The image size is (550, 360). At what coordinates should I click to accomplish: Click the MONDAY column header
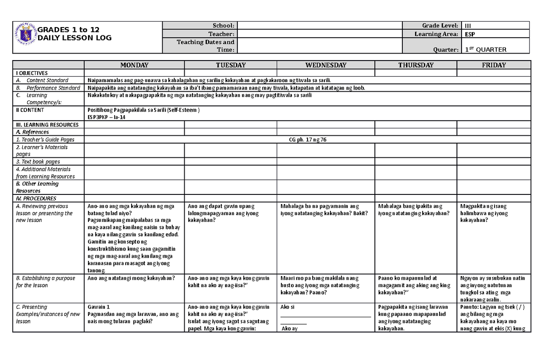[134, 65]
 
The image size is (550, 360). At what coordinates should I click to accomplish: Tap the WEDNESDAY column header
[325, 65]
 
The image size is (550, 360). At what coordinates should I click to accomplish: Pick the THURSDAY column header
[416, 65]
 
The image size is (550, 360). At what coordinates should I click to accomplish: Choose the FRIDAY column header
[493, 65]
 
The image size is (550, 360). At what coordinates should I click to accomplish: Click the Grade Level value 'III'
[468, 26]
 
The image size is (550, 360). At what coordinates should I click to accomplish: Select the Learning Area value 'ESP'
[469, 34]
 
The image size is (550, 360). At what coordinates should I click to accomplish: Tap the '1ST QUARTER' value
[485, 50]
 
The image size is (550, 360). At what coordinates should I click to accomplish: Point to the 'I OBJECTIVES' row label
[32, 73]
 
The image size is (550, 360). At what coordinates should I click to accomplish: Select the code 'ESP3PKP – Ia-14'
[106, 117]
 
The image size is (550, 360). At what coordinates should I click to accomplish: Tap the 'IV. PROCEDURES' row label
[36, 199]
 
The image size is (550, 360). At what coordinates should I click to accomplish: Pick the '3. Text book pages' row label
[38, 161]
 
